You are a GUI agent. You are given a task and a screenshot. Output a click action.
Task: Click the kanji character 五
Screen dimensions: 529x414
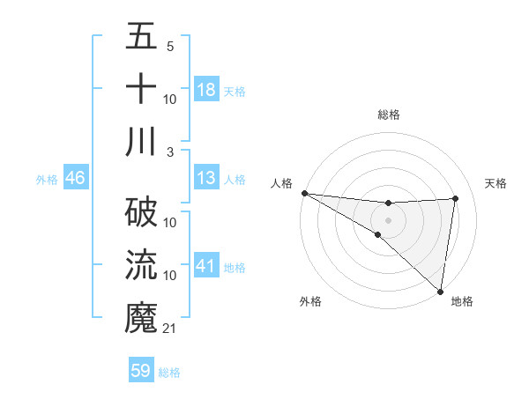coord(141,38)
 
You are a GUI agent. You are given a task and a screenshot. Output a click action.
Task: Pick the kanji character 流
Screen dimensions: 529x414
coord(141,265)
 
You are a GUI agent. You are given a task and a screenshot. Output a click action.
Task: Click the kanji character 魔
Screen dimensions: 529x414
coord(141,317)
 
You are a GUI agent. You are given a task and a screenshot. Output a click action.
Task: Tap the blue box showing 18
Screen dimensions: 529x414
coord(206,90)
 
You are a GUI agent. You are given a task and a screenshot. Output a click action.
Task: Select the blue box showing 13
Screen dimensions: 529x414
coord(206,179)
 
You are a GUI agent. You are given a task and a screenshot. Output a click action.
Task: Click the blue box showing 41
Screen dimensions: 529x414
coord(206,266)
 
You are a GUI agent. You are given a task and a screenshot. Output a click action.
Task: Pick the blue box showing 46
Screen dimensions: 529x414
coord(75,179)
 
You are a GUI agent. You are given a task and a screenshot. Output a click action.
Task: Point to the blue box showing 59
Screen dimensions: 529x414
coord(141,371)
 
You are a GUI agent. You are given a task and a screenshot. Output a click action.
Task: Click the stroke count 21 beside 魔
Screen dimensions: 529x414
coord(170,329)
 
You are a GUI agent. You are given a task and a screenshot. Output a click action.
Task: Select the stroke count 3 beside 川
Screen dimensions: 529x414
coord(170,152)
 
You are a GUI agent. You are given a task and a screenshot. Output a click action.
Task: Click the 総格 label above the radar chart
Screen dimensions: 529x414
coord(389,115)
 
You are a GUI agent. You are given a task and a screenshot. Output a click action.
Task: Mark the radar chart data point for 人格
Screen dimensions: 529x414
coord(304,193)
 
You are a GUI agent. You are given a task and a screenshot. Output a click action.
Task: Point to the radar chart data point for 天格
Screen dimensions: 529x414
coord(456,198)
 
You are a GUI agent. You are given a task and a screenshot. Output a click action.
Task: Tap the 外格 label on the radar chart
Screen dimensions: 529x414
coord(310,302)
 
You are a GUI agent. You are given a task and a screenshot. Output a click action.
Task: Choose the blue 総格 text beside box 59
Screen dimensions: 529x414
coord(169,373)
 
